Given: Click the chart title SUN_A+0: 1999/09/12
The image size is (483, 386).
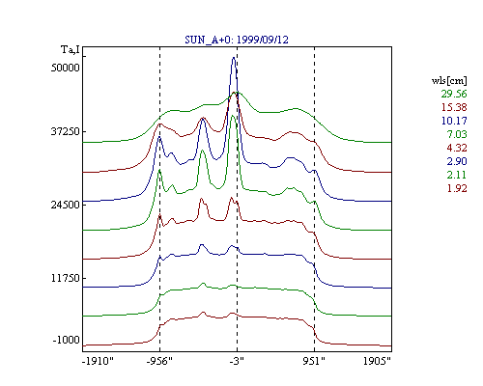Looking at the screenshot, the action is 237,40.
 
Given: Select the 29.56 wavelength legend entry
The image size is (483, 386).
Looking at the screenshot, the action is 454,94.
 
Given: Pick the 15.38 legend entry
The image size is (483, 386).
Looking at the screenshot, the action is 454,107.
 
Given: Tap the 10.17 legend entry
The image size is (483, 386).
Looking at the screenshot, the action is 454,121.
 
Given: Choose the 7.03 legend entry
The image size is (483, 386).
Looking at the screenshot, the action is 457,134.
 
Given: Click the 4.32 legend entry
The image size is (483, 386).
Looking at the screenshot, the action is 457,148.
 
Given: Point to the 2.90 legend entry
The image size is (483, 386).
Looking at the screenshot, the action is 457,161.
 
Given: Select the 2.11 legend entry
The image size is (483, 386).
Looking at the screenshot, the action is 457,175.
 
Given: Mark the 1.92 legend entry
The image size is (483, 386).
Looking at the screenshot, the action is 457,188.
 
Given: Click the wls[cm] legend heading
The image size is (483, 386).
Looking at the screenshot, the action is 449,80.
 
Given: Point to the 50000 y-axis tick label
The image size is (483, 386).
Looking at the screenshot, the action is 66,68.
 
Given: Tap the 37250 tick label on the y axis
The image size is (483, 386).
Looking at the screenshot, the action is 66,131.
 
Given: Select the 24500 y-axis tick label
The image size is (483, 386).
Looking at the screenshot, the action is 66,205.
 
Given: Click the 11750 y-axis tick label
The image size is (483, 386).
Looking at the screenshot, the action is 66,278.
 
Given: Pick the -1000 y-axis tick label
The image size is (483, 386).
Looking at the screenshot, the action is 66,340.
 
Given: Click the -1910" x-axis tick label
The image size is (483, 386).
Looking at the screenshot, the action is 99,361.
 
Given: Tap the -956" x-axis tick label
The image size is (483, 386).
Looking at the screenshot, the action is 159,361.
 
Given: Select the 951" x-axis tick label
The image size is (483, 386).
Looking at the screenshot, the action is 314,361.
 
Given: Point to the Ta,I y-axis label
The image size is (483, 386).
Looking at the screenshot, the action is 71,50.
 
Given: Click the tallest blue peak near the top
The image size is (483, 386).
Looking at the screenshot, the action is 234,58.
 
